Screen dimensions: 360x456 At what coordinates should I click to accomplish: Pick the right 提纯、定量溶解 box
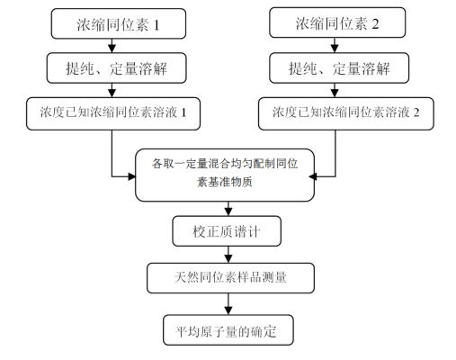click(x=335, y=68)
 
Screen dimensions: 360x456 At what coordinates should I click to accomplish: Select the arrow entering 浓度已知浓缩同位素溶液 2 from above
click(x=335, y=90)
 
